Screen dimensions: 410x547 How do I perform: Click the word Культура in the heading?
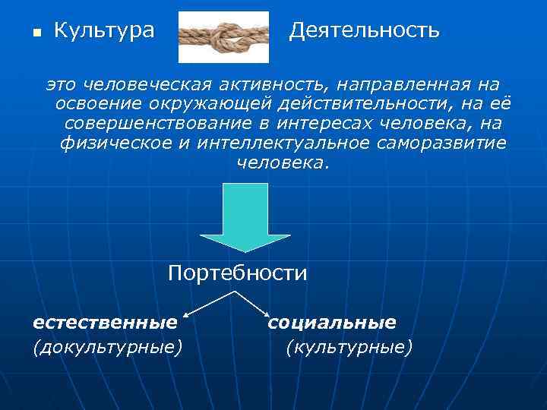(104, 31)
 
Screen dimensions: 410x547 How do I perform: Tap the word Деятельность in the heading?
(365, 31)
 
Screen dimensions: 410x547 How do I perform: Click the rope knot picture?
(223, 36)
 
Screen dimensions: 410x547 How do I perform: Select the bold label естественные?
(105, 323)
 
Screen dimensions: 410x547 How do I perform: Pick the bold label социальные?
(332, 323)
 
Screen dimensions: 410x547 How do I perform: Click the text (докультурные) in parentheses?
(107, 347)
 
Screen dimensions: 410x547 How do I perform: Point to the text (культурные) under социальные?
(349, 347)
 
